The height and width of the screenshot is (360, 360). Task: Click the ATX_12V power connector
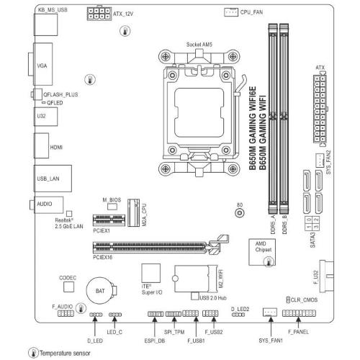99,14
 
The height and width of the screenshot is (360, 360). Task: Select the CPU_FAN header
231,12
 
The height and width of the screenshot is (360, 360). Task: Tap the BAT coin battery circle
100,291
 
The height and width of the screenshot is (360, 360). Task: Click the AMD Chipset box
262,252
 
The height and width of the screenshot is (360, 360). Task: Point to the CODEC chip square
68,287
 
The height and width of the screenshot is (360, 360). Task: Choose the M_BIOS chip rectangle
112,207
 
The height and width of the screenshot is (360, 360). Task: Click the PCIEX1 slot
109,220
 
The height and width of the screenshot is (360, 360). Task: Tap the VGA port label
42,66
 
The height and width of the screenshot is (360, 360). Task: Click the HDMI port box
42,145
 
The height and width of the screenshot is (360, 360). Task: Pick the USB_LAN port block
53,179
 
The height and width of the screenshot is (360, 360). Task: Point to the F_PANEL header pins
299,313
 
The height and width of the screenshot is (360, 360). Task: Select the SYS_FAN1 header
270,312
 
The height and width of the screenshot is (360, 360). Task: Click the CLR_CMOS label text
304,300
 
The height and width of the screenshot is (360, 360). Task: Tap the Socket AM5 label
199,45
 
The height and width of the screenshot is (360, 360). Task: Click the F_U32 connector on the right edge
327,276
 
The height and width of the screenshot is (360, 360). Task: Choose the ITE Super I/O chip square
151,273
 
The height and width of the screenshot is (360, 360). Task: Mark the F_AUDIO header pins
66,313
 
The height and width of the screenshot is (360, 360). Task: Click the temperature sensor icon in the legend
33,353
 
